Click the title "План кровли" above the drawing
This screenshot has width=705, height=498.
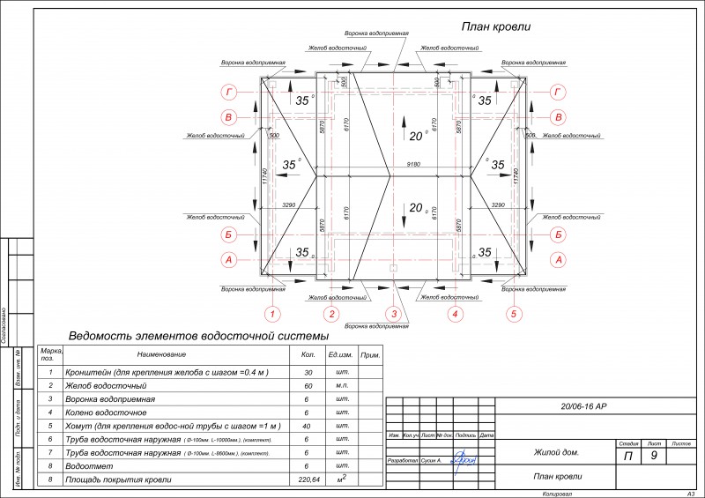(496, 27)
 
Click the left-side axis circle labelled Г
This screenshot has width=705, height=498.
(228, 92)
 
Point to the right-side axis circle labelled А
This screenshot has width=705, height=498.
(558, 260)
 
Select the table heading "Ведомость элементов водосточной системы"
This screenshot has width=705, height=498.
(198, 337)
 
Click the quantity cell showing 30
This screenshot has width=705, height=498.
(308, 373)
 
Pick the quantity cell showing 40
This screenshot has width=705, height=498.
(308, 426)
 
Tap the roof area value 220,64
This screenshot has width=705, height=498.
(308, 479)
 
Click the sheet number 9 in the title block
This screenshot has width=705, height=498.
(653, 456)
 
